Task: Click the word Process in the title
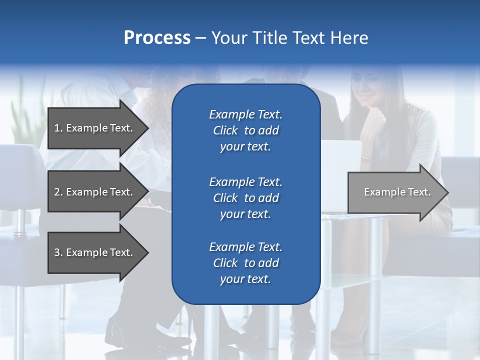pyautogui.click(x=157, y=38)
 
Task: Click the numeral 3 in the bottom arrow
pyautogui.click(x=57, y=252)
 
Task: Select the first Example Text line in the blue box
pyautogui.click(x=245, y=114)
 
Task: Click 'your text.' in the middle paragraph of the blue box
pyautogui.click(x=245, y=214)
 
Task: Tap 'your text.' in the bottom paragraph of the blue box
pyautogui.click(x=245, y=279)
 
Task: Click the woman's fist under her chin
pyautogui.click(x=376, y=120)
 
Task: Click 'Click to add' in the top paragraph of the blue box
pyautogui.click(x=245, y=130)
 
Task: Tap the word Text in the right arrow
pyautogui.click(x=419, y=192)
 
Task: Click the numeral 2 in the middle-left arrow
pyautogui.click(x=57, y=192)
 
